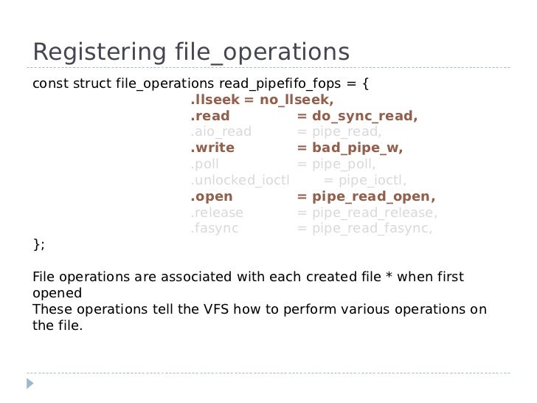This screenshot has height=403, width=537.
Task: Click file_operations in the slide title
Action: [252, 52]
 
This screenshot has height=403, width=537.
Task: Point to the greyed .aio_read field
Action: [221, 131]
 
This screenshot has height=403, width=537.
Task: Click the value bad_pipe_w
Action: [358, 148]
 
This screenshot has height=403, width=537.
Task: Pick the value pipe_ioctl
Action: [372, 180]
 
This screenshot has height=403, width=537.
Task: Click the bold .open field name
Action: [212, 196]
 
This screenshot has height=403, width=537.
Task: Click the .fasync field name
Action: [215, 229]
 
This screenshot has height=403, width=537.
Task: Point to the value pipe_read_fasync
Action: [372, 229]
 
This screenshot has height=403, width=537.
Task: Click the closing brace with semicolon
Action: [38, 244]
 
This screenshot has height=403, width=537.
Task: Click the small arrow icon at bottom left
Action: [30, 384]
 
